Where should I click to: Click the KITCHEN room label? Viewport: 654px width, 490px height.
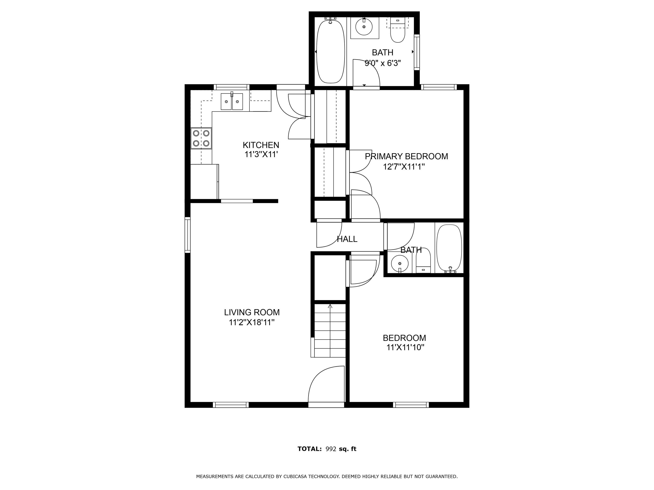261,145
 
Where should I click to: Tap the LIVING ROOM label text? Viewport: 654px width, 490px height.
252,312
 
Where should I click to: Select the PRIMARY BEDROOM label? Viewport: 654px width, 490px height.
406,156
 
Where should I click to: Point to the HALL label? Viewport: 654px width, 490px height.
347,239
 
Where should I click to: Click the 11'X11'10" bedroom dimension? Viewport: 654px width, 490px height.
405,347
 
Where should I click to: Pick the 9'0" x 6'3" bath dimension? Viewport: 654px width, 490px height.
383,63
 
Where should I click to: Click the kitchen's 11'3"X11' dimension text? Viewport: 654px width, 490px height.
261,155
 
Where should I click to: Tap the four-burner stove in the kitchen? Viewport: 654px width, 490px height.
201,138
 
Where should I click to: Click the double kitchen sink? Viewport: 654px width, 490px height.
232,101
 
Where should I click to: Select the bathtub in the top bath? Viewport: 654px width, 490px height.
331,51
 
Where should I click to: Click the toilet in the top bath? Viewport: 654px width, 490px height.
398,30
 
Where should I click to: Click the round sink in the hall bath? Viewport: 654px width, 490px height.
400,263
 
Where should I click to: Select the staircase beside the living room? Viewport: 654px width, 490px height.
330,331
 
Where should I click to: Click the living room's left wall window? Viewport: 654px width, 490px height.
187,235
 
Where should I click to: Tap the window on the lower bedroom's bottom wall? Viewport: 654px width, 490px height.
411,405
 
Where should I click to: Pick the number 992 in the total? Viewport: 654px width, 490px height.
331,449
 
